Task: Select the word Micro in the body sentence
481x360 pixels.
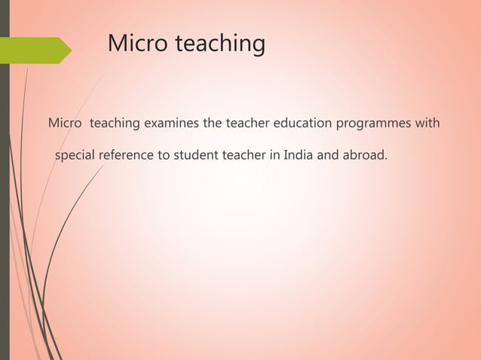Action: [x=63, y=122]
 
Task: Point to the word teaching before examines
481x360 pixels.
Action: [x=115, y=123]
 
